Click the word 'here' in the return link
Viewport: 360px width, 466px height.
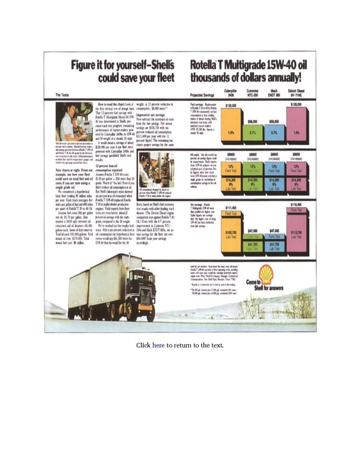pos(158,345)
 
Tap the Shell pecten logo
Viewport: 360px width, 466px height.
pos(266,274)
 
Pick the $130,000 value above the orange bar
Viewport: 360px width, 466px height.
pos(230,105)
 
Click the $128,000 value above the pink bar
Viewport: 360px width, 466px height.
pos(295,105)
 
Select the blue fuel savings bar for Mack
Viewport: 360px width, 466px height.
pos(274,132)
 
